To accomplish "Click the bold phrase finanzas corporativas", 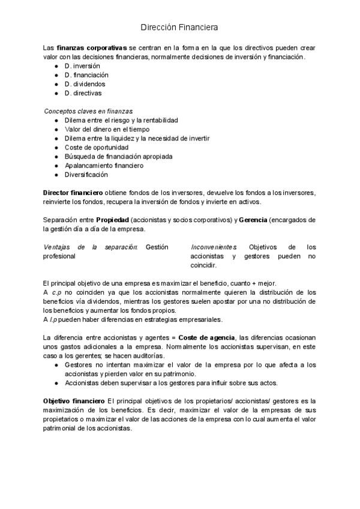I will tap(91, 47).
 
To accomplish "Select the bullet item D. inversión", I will tap(82, 65).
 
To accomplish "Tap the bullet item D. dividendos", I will tap(85, 84).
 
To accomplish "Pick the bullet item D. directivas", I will tap(83, 93).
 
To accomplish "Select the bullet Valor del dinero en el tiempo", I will tap(107, 129).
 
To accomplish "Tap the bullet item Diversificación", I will tap(86, 174).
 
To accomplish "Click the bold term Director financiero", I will tap(73, 193).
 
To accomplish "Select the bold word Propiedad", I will tap(112, 220).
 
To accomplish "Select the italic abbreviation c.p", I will tap(56, 292).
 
